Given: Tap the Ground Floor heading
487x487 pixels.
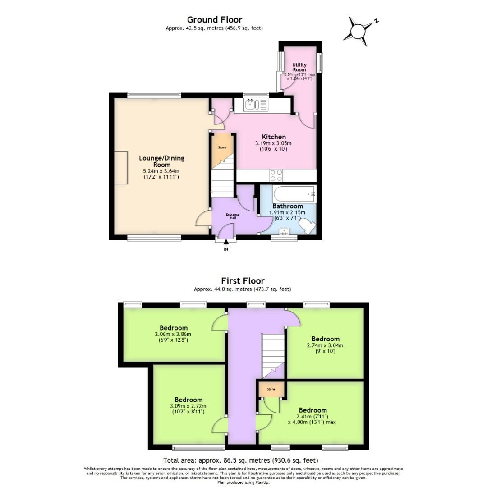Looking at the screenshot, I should (x=214, y=19).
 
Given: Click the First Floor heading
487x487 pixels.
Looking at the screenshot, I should (x=242, y=281).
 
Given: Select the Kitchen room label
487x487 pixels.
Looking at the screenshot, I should (x=274, y=137).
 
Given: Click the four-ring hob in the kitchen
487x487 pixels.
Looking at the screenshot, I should (x=276, y=175).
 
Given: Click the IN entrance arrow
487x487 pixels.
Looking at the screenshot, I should (x=226, y=244).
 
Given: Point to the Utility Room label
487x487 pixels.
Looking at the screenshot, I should (x=299, y=68).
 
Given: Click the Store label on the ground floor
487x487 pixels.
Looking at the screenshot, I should (x=222, y=147).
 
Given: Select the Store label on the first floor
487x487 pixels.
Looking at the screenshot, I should (x=271, y=389).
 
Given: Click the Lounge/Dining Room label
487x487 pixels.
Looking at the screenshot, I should (x=161, y=161).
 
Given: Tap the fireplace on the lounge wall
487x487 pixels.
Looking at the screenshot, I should (x=121, y=168).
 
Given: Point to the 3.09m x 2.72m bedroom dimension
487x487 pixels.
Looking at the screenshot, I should (x=188, y=406).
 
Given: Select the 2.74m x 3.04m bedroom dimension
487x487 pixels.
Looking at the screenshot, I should (x=325, y=345).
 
